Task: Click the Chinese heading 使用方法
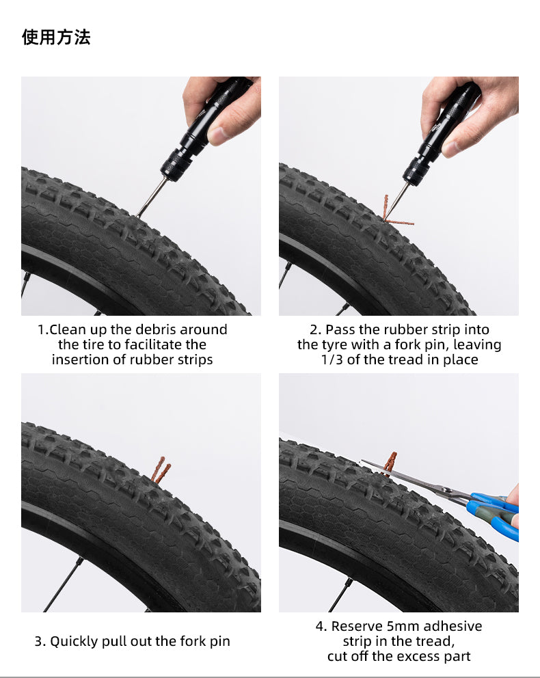point(56,37)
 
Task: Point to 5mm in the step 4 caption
point(399,626)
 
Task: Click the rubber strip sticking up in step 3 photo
point(160,470)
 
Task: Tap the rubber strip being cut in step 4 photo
point(390,461)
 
